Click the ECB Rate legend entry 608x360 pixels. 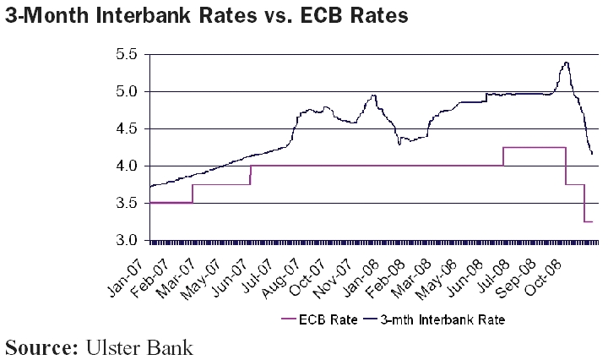click(326, 319)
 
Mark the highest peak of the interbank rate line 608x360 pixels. click(565, 62)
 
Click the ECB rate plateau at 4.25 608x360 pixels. click(535, 147)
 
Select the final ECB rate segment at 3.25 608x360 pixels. click(588, 221)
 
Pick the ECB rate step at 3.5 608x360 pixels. click(170, 203)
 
